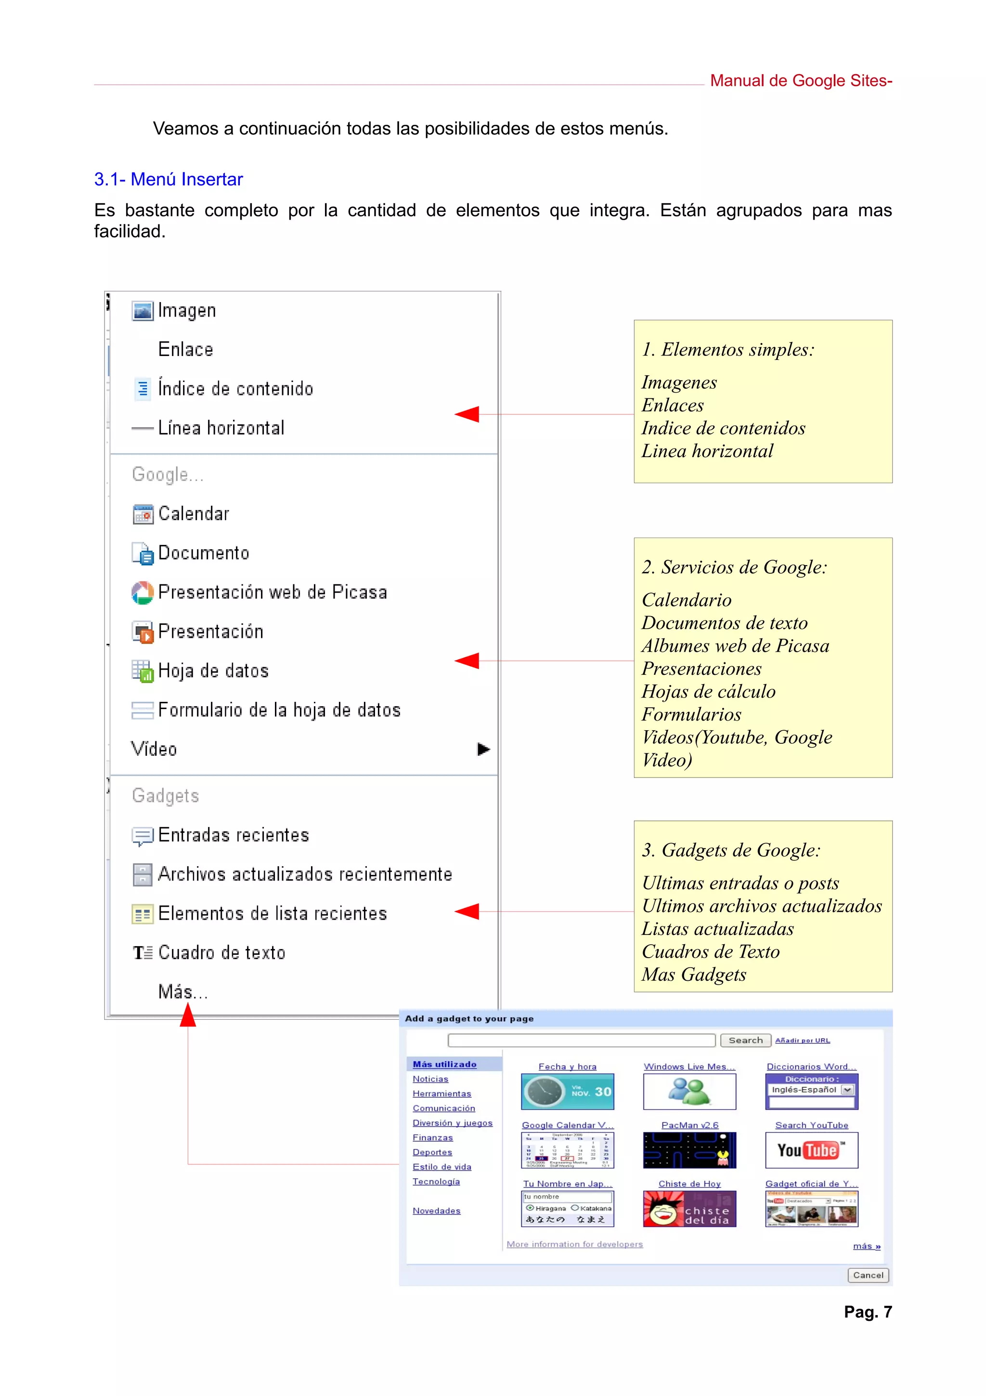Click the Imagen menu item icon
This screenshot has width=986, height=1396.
tap(142, 311)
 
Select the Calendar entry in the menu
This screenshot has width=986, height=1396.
tap(193, 514)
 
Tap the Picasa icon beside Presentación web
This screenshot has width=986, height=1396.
tap(142, 593)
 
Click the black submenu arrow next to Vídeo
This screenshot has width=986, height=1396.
tap(483, 749)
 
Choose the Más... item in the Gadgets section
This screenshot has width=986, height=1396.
tap(183, 992)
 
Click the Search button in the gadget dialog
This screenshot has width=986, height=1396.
tap(745, 1040)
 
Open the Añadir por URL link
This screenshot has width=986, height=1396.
tap(802, 1040)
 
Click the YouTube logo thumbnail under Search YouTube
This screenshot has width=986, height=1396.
tap(811, 1150)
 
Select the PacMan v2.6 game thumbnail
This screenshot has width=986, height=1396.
tap(689, 1150)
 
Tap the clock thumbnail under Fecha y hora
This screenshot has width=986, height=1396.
tap(567, 1092)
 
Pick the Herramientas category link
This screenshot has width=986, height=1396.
tap(441, 1093)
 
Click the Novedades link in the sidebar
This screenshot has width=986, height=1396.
tap(436, 1211)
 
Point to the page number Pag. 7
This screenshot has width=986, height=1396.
tap(868, 1312)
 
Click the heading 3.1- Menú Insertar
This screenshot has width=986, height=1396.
tap(169, 179)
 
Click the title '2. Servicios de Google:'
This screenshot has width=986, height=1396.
tap(734, 566)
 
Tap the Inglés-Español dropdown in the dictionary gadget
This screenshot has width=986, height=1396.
tap(810, 1090)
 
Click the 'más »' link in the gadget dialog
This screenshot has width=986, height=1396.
tap(866, 1246)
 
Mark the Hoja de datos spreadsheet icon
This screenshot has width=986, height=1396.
tap(142, 671)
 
